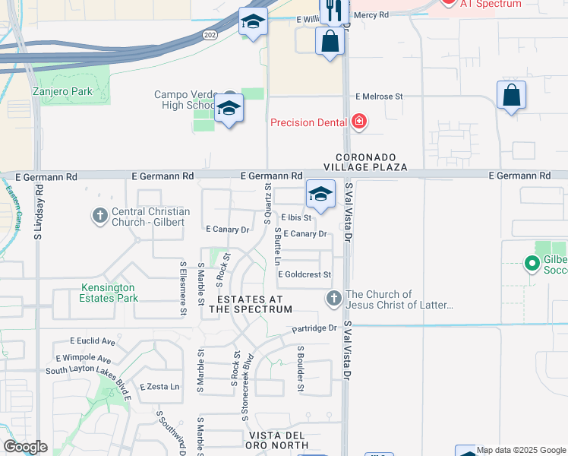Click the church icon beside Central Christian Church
(99, 216)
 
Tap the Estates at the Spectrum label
(251, 304)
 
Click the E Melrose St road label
(379, 97)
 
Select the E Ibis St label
(296, 217)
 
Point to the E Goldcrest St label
(305, 274)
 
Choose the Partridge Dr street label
(314, 328)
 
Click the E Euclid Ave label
(92, 341)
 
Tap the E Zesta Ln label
(158, 387)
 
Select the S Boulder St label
(301, 369)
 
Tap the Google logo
(25, 447)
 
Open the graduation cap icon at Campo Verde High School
(228, 109)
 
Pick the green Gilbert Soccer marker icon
(532, 265)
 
